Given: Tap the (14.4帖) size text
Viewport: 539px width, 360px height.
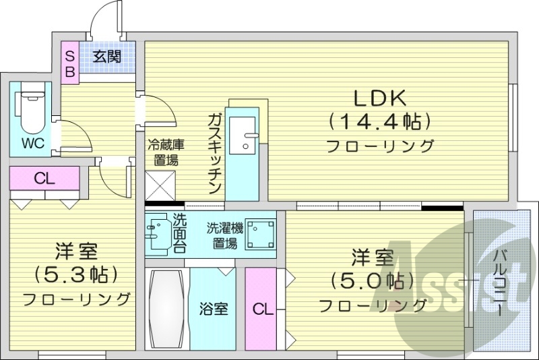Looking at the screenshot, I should [379, 122].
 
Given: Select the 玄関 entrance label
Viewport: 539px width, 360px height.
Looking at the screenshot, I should [107, 57].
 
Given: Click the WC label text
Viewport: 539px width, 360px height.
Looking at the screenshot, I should [32, 144].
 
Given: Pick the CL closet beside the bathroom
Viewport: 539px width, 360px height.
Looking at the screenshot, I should [263, 309].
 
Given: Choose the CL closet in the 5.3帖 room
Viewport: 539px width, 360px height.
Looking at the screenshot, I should [44, 179].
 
